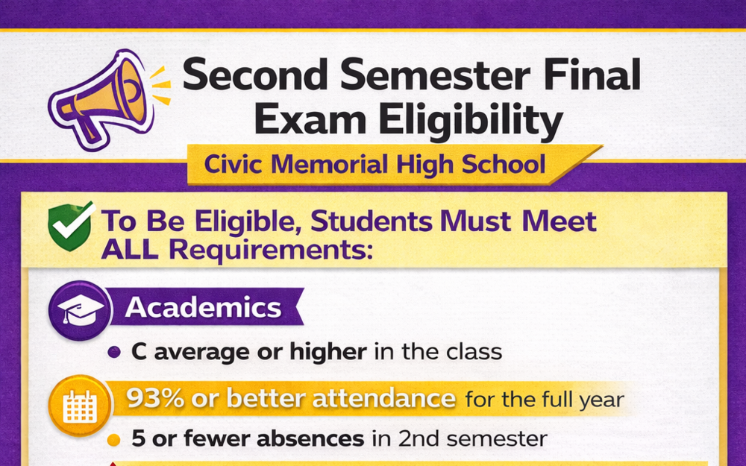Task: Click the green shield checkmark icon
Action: (70, 224)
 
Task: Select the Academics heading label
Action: (204, 308)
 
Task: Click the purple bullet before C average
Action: (114, 353)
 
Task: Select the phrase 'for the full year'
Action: (544, 400)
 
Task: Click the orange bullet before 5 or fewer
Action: (114, 440)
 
